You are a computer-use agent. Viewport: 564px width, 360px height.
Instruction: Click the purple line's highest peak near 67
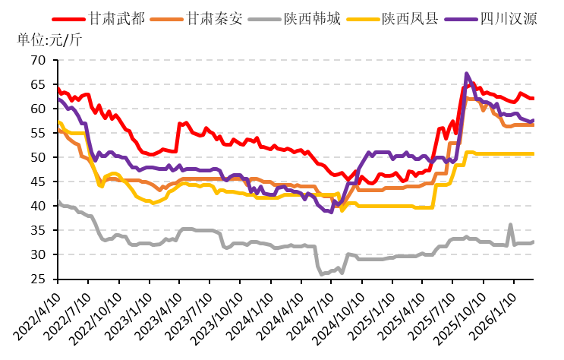(467, 74)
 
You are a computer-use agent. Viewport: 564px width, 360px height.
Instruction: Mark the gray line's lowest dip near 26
(323, 273)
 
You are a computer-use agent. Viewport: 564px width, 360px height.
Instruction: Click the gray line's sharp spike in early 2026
(510, 225)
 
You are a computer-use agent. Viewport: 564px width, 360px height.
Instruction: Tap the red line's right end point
(533, 98)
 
